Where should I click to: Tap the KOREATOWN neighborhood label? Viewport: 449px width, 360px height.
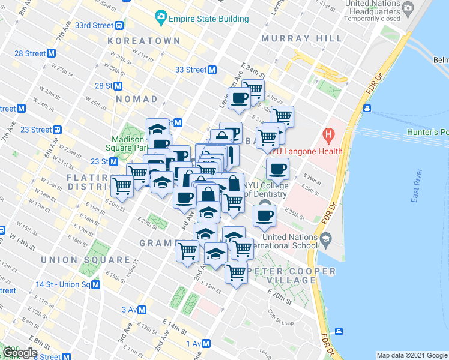[x=144, y=41]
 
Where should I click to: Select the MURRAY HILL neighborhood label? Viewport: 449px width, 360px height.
[x=302, y=38]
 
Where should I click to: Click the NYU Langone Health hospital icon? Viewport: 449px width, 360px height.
[x=328, y=133]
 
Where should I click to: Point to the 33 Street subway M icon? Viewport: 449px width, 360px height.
[x=212, y=70]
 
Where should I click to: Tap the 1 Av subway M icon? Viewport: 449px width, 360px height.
[x=206, y=343]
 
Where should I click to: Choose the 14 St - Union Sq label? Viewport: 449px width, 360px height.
[x=62, y=284]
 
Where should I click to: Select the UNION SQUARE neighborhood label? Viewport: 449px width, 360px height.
[x=86, y=260]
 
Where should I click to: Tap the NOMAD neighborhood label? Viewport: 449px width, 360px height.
[x=136, y=98]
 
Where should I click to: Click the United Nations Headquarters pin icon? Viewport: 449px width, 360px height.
[x=408, y=8]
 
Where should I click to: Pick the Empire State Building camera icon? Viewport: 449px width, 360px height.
[x=160, y=16]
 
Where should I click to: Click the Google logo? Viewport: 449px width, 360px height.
[x=20, y=353]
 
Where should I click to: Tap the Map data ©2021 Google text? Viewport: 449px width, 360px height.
[x=411, y=355]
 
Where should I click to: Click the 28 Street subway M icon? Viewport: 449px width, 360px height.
[x=52, y=53]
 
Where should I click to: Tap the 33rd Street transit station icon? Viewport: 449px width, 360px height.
[x=119, y=25]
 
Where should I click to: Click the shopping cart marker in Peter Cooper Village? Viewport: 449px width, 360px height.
[x=236, y=273]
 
